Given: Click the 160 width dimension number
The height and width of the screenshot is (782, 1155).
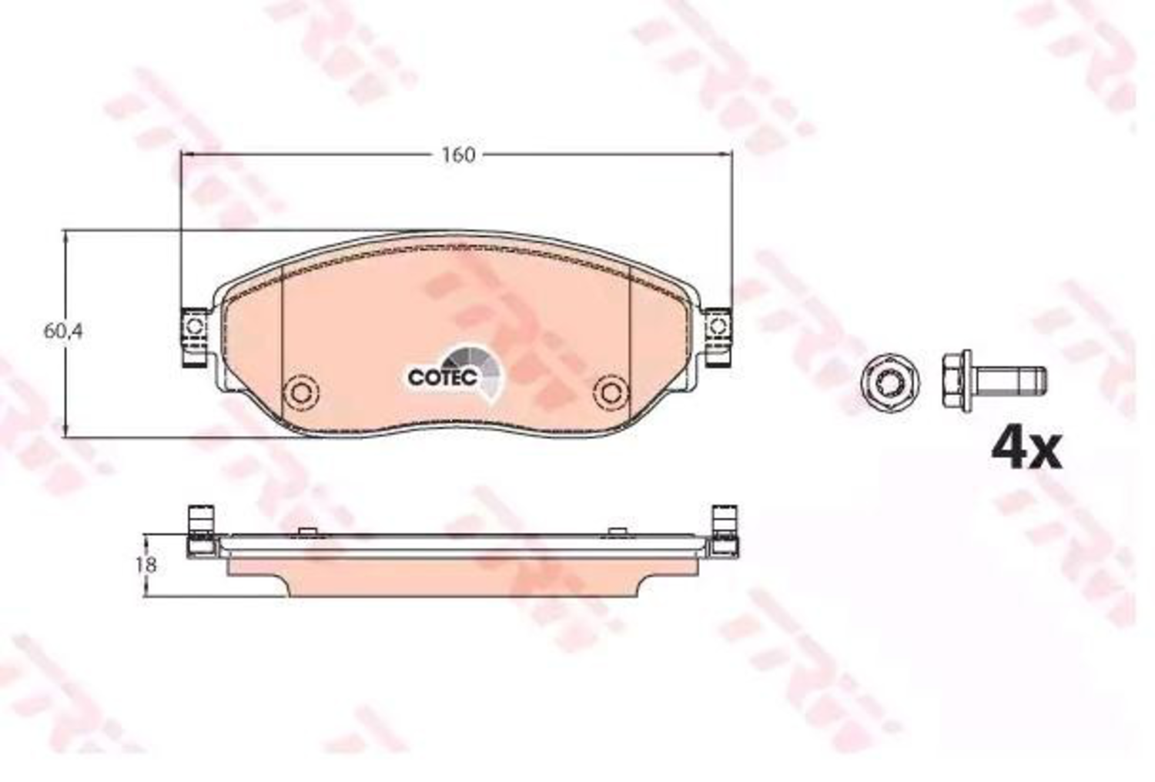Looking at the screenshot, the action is coord(458,155).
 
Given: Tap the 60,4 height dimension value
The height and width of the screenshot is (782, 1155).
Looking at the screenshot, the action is coord(63,332).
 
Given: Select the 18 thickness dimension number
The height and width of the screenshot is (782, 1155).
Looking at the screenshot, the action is coord(146,565).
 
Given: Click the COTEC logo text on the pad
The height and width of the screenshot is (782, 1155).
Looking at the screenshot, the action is coord(442,377).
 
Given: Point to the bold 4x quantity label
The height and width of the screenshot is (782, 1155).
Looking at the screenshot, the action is coord(1027,449).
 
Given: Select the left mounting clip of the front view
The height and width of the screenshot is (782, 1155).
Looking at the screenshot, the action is coord(195,338).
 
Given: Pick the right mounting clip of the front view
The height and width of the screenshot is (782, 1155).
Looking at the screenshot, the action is coord(718,338).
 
